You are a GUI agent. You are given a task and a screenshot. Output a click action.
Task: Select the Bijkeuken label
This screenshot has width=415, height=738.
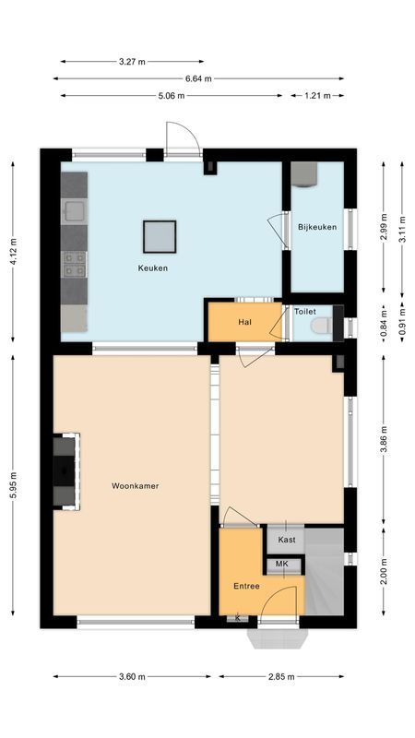tap(316, 227)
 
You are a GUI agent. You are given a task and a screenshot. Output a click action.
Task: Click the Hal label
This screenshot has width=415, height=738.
tap(244, 323)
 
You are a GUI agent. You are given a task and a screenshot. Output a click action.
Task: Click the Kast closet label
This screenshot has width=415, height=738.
tap(287, 540)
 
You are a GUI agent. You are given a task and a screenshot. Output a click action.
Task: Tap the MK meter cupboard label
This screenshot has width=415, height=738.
tap(282, 564)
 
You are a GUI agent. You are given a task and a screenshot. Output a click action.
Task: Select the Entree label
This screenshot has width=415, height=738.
tap(246, 587)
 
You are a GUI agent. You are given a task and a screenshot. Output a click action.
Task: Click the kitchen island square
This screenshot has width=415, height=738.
tap(159, 236)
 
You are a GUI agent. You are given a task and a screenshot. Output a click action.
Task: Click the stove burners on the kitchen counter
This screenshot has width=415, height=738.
tap(74, 266)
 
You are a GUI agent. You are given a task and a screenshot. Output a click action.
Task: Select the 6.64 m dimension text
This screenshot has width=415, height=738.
tap(198, 78)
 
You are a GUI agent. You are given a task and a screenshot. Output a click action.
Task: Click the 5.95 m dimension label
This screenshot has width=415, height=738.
tap(13, 486)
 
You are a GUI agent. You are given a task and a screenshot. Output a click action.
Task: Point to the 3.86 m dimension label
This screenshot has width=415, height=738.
tap(385, 434)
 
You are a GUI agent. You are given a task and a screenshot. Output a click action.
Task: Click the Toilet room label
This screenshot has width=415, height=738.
tap(305, 312)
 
